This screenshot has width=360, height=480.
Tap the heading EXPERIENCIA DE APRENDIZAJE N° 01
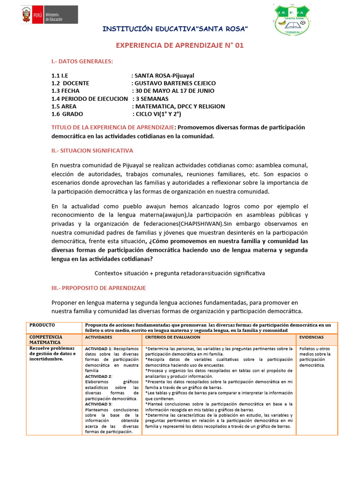(180, 45)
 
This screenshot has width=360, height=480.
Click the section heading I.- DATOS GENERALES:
(82, 61)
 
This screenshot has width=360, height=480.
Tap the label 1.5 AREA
(64, 106)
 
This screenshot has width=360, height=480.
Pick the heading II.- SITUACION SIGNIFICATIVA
(92, 150)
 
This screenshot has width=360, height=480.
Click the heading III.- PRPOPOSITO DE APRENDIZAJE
(98, 287)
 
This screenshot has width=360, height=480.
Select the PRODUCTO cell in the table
(42, 325)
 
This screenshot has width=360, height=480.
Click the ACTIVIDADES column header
(98, 337)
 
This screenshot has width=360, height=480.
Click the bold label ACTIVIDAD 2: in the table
(98, 376)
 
